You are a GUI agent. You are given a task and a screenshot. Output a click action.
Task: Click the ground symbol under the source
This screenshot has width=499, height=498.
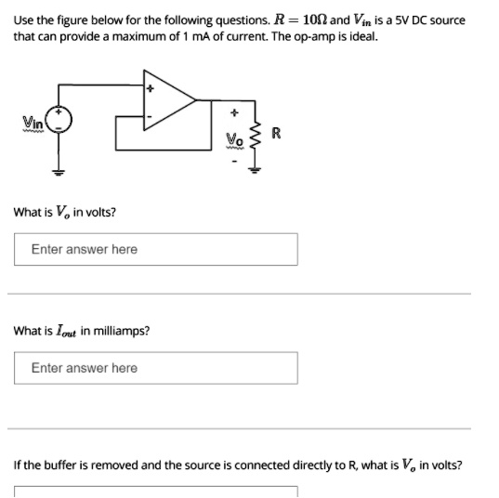59,171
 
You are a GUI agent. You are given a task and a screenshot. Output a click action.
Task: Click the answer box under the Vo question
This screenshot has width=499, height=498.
156,249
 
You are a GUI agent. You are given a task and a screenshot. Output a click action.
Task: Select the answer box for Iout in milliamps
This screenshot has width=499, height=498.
156,368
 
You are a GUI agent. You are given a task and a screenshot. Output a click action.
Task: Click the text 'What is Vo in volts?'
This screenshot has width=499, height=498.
64,212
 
